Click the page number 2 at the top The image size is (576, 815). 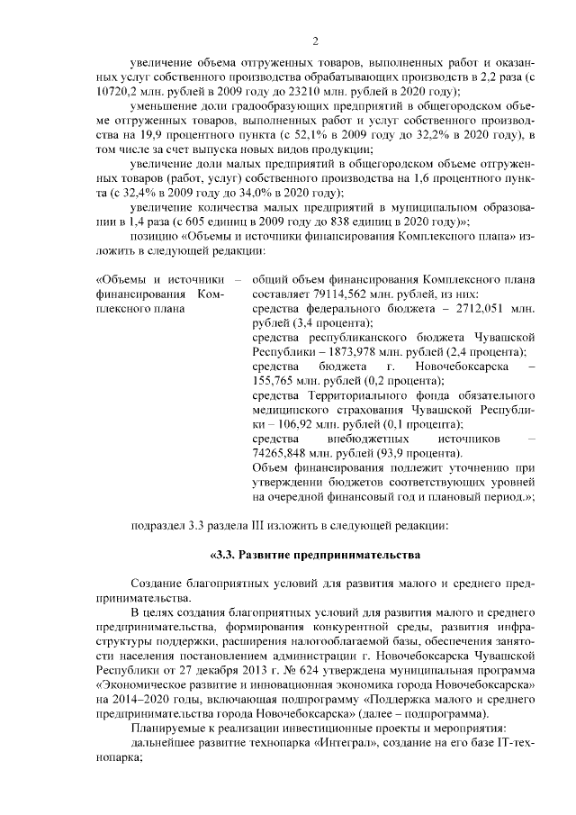click(x=316, y=40)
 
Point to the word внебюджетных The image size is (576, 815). click(x=362, y=438)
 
